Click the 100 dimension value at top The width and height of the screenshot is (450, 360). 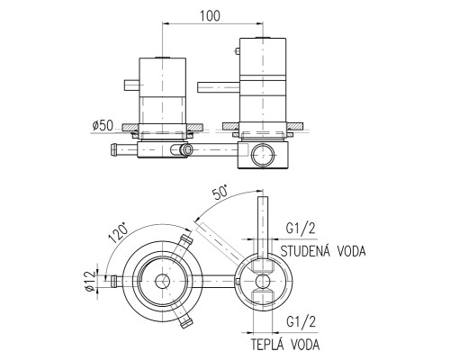pyautogui.click(x=210, y=15)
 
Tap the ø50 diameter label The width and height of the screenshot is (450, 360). pyautogui.click(x=103, y=126)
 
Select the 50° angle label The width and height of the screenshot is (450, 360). pyautogui.click(x=220, y=193)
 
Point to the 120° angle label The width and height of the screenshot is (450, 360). pyautogui.click(x=118, y=232)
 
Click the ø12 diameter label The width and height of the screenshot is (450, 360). pyautogui.click(x=89, y=281)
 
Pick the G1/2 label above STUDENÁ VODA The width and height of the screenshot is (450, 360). pyautogui.click(x=301, y=229)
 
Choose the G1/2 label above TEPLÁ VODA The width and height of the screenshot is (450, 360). pyautogui.click(x=301, y=322)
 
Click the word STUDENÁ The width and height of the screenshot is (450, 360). pyautogui.click(x=306, y=251)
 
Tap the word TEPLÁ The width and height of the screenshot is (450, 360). pyautogui.click(x=267, y=344)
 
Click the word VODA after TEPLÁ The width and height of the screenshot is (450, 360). pyautogui.click(x=305, y=344)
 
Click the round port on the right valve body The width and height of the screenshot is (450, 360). pyautogui.click(x=263, y=155)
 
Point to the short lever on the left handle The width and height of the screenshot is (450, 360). pyautogui.click(x=132, y=85)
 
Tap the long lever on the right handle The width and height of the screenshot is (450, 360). pyautogui.click(x=219, y=87)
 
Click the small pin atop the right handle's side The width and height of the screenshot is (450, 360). pyautogui.click(x=237, y=51)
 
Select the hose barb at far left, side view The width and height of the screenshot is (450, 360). pyautogui.click(x=124, y=149)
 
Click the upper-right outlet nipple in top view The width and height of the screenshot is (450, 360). pyautogui.click(x=186, y=240)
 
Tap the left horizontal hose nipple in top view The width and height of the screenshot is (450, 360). pyautogui.click(x=117, y=281)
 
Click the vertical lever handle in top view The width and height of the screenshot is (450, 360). pyautogui.click(x=263, y=227)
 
